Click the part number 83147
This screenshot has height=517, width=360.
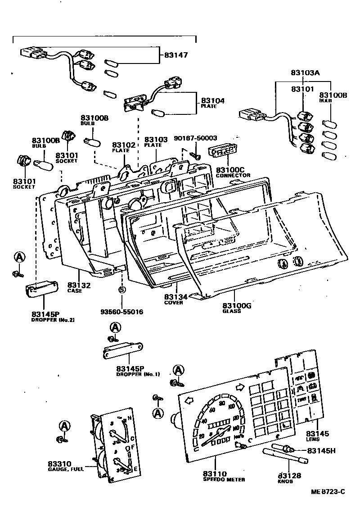[176, 55]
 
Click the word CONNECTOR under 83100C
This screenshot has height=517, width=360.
[233, 175]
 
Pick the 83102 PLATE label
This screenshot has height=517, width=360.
[124, 147]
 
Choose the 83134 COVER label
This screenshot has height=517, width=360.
[176, 299]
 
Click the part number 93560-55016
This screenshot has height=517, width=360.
[122, 311]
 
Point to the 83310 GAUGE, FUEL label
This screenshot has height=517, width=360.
[63, 466]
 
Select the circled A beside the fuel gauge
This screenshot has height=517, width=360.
[65, 426]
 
